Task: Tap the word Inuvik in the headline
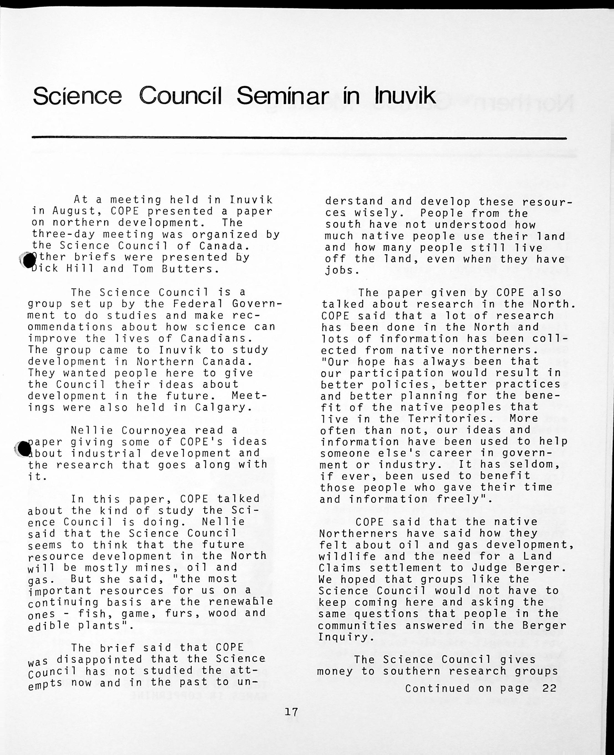coord(405,96)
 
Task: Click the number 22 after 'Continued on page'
coord(549,688)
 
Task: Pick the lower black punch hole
coord(24,449)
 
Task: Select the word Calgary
coord(224,407)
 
